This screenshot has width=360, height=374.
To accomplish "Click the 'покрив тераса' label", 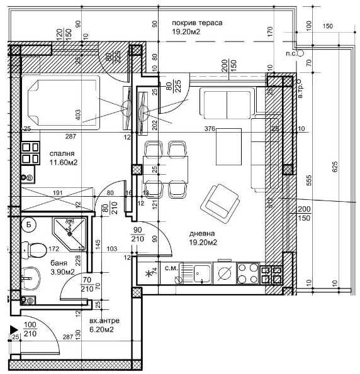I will (x=197, y=23).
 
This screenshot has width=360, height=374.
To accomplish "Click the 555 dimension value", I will (x=309, y=179).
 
